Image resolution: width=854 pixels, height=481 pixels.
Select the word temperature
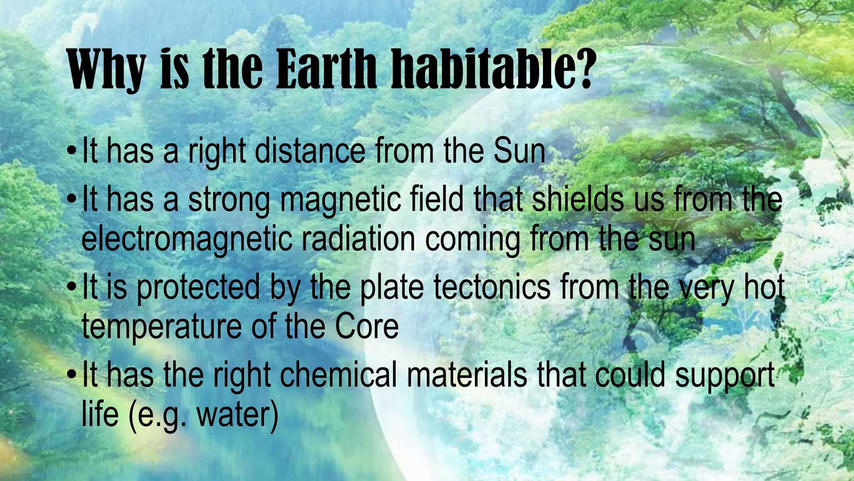coord(161,327)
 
